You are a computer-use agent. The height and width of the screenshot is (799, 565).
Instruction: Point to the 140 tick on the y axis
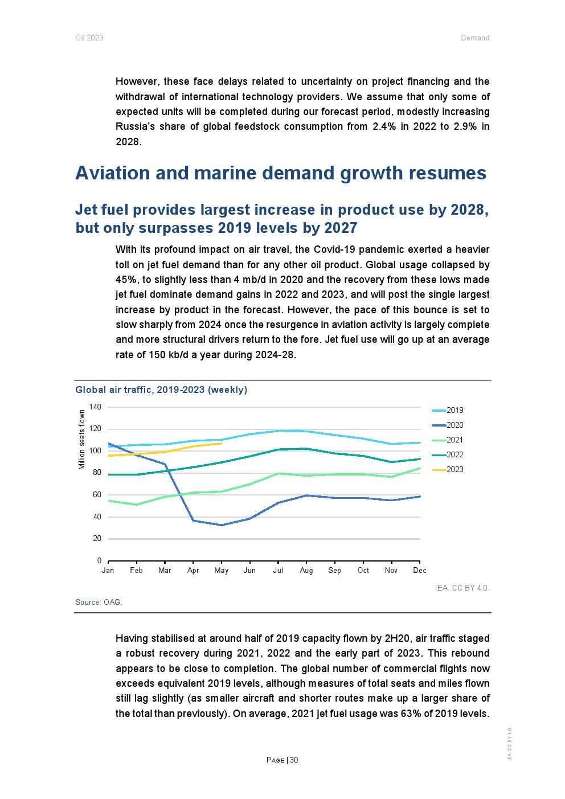tap(95, 407)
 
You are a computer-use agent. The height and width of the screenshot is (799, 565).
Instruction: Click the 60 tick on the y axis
tap(97, 494)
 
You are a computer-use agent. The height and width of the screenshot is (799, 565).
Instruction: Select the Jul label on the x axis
tap(278, 570)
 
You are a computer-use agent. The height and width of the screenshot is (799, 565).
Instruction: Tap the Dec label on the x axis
tap(420, 570)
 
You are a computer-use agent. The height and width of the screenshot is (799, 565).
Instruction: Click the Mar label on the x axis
tap(165, 570)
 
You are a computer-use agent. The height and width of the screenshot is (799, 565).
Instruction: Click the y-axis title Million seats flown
tap(81, 440)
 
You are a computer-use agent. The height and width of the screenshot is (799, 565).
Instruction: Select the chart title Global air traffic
tap(161, 390)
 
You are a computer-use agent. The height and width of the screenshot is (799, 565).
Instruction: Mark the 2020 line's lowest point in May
tap(222, 525)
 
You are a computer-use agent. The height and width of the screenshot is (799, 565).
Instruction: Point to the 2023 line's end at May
tap(222, 443)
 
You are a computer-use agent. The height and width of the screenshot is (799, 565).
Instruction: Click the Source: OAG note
tap(99, 602)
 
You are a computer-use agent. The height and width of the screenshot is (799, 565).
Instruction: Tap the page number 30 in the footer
tap(294, 760)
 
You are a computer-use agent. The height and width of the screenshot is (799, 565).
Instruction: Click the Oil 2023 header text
tap(89, 38)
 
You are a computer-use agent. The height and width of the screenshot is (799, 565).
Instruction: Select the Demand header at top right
tap(475, 38)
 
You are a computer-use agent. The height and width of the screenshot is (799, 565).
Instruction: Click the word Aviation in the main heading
tap(113, 173)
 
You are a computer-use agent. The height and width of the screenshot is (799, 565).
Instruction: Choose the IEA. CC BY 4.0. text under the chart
tap(462, 588)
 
